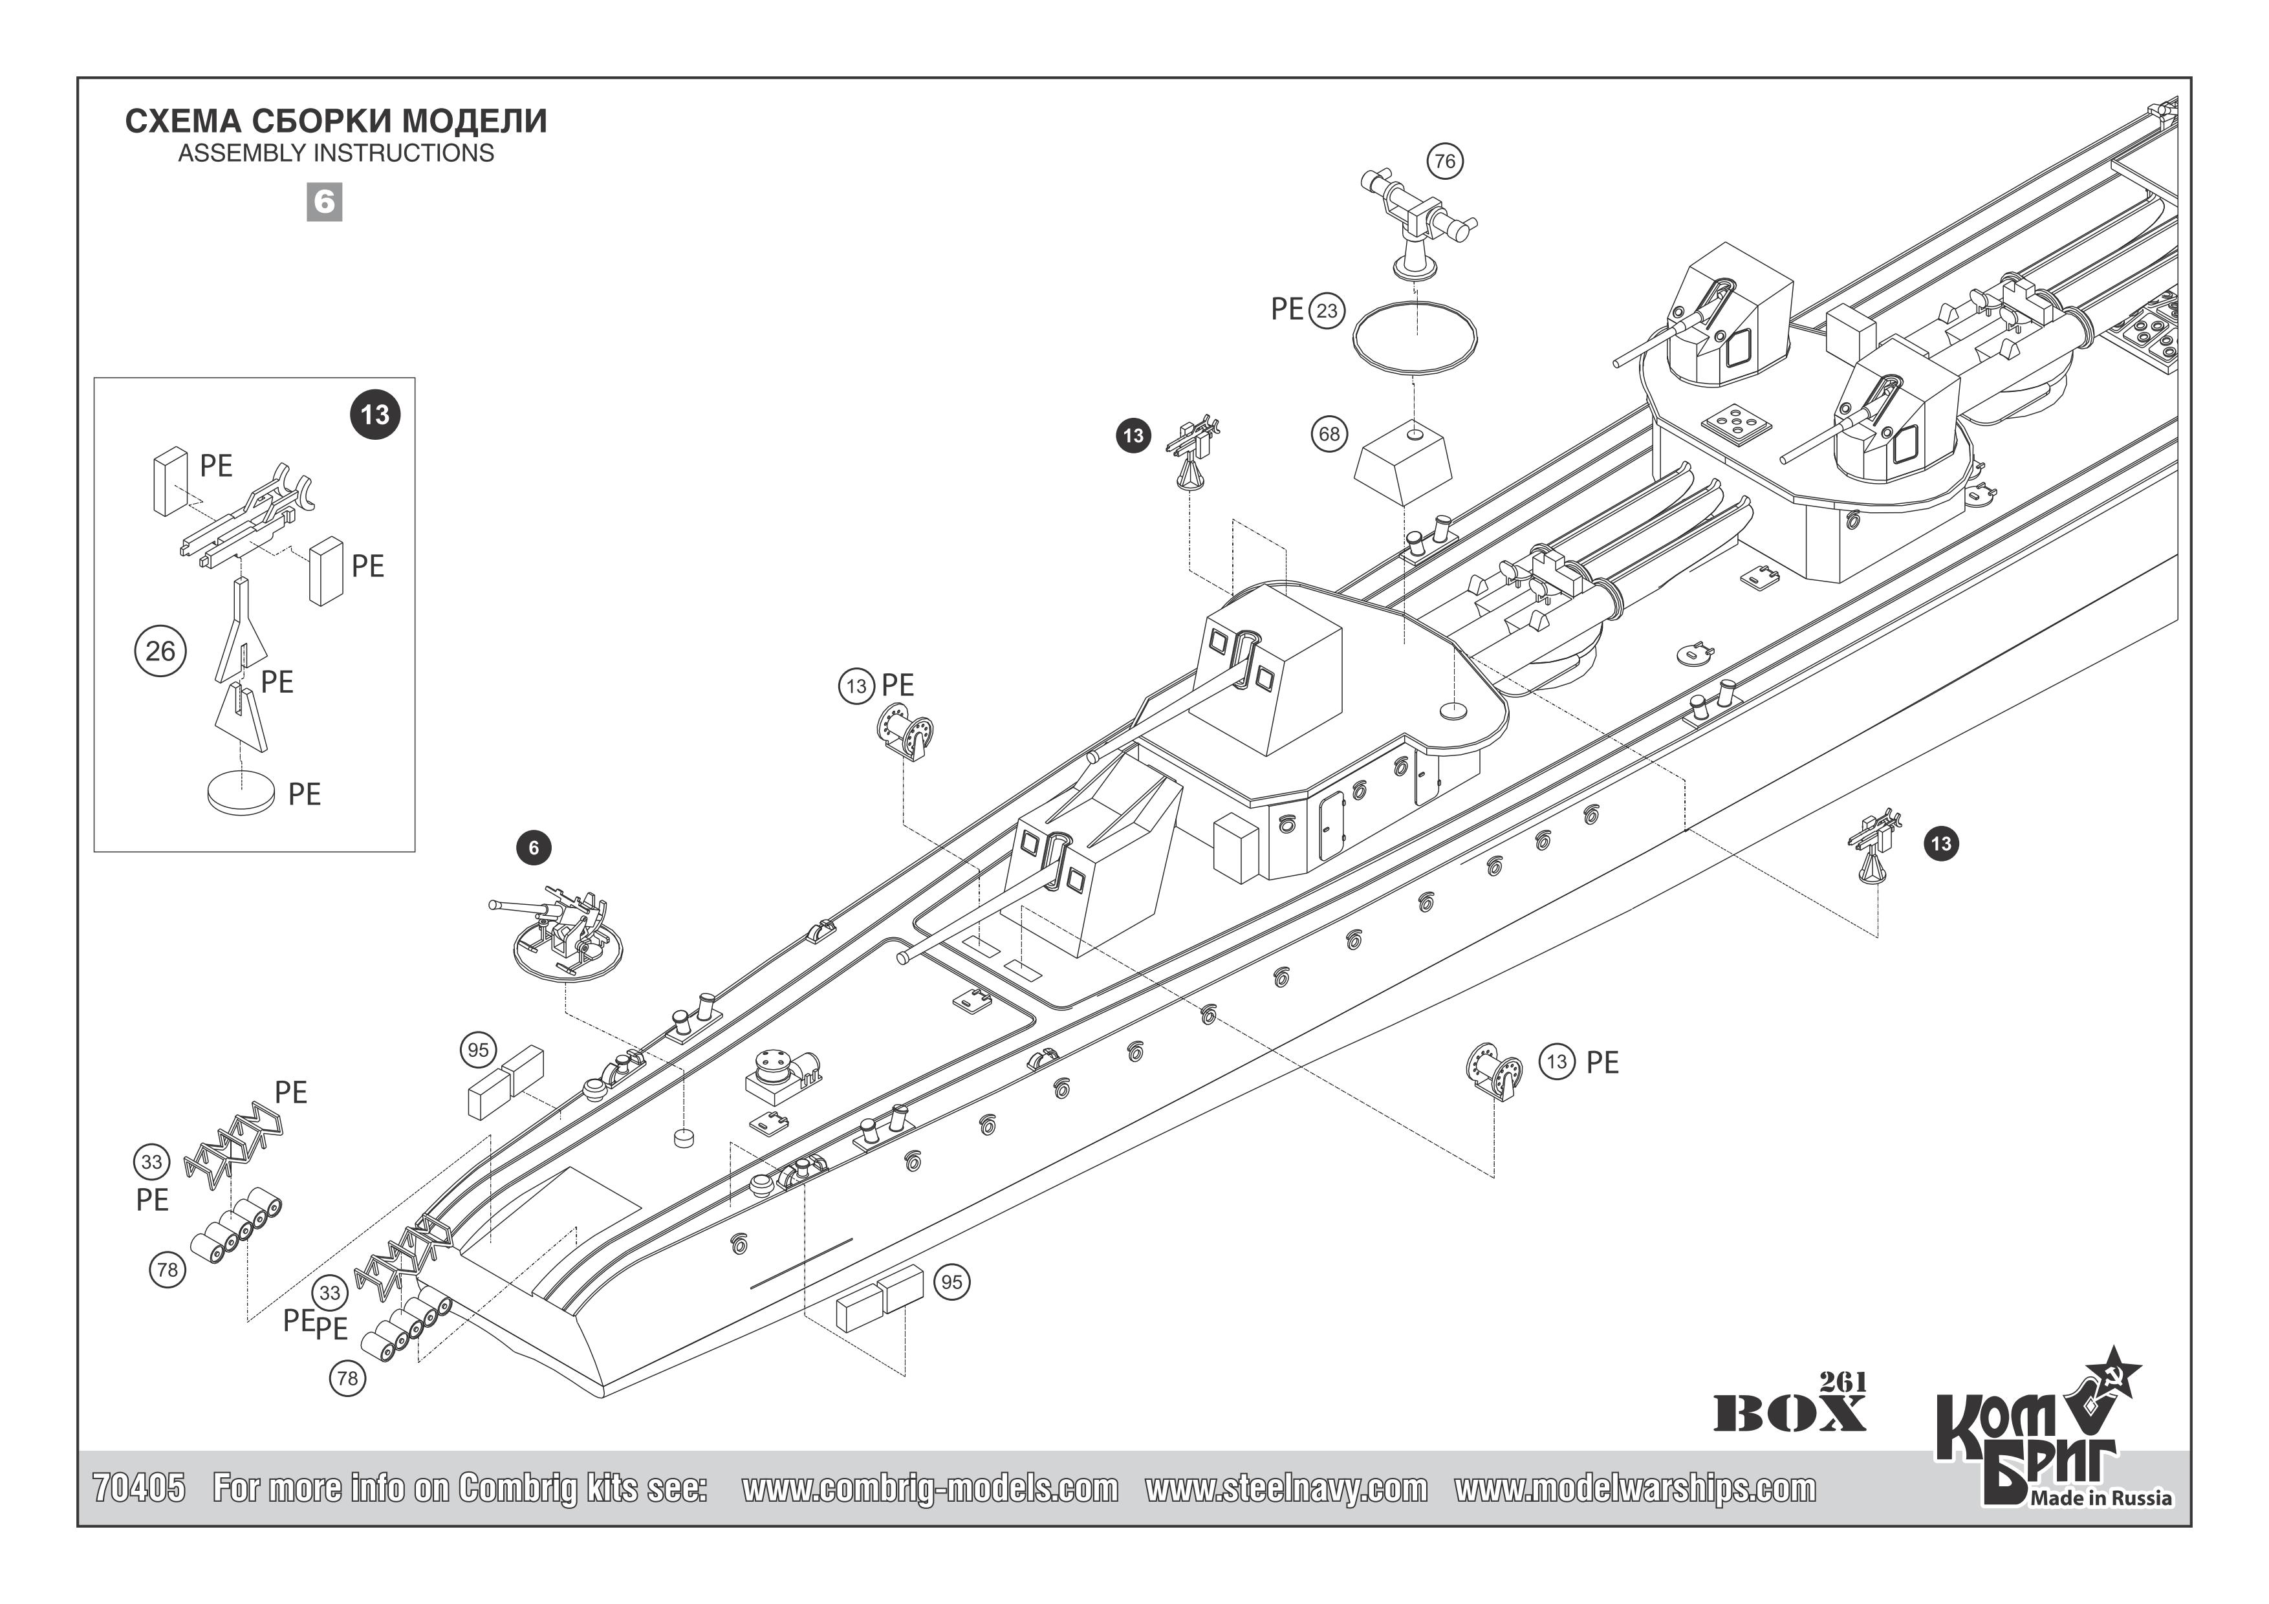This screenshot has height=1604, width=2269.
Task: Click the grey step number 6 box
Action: [324, 202]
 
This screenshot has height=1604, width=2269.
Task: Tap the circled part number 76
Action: [1445, 161]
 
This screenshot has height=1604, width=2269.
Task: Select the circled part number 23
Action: [1326, 311]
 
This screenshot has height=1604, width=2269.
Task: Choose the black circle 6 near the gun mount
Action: [534, 848]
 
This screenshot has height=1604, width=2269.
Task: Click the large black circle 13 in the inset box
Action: [376, 414]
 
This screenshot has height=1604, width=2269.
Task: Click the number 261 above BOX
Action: [1842, 1382]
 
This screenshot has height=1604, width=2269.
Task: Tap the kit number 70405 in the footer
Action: [139, 1488]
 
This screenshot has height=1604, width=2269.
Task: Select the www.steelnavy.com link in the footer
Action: [1286, 1488]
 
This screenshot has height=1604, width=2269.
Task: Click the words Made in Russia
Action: [2101, 1499]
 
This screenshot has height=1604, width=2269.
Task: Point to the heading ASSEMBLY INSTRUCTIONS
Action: [336, 153]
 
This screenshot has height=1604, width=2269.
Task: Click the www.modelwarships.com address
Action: [1634, 1488]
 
